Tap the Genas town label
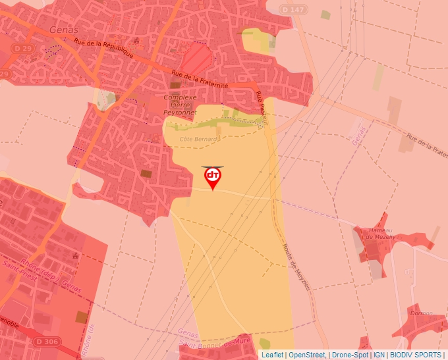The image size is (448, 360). pyautogui.click(x=63, y=30)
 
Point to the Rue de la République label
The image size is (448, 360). pyautogui.click(x=103, y=48)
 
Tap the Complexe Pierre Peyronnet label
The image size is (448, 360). pyautogui.click(x=180, y=105)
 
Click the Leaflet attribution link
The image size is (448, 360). pyautogui.click(x=272, y=355)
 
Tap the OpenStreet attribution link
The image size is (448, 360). pyautogui.click(x=306, y=355)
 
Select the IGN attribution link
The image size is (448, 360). pyautogui.click(x=379, y=355)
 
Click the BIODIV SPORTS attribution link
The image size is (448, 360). pyautogui.click(x=416, y=355)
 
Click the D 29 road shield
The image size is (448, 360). pyautogui.click(x=22, y=49)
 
